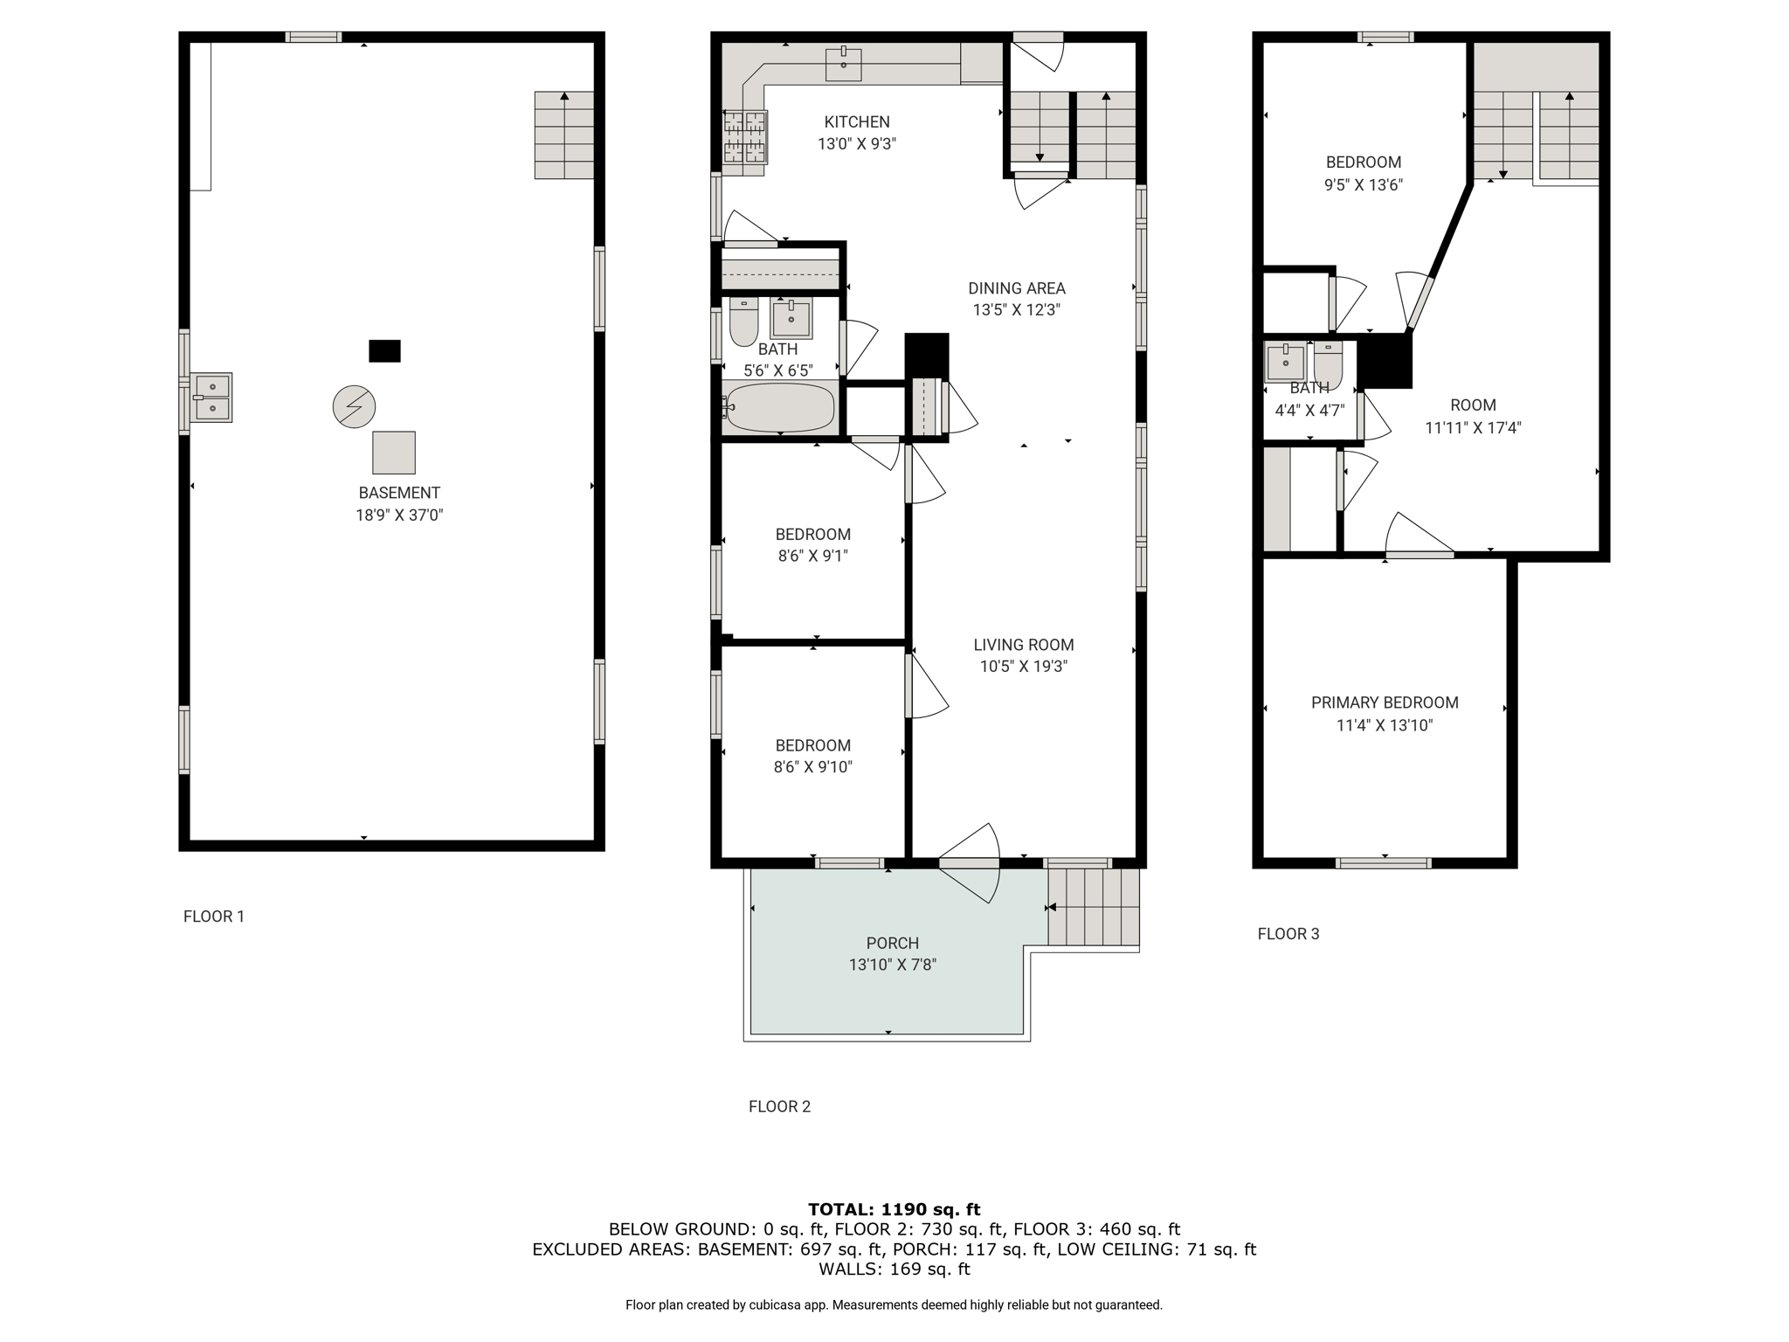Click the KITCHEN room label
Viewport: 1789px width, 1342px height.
point(857,122)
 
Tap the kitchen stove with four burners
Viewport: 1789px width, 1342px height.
point(745,136)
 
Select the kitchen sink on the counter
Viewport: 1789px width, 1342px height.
point(844,65)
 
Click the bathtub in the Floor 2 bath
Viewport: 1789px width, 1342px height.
point(780,407)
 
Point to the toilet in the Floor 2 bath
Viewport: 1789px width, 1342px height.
point(743,322)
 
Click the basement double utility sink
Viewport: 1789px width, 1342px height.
point(211,398)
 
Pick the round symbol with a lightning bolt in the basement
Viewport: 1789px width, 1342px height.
point(354,406)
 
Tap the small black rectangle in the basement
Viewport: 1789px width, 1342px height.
point(384,350)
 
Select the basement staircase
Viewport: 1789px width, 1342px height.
point(564,135)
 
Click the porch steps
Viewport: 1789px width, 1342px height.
point(1094,907)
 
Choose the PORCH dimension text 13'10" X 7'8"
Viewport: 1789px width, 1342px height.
point(893,965)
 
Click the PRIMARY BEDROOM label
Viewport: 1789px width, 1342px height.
point(1385,702)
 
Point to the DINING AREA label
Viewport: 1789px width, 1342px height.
point(1017,288)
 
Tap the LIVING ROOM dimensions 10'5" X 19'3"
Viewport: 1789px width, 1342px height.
point(1023,667)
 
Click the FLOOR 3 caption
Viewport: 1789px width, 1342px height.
point(1288,934)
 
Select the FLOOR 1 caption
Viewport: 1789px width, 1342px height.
point(214,917)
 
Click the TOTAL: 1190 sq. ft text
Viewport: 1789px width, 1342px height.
point(894,1209)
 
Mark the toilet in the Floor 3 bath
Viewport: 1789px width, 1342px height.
point(1328,365)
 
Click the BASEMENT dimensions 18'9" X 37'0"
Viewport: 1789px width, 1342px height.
point(399,515)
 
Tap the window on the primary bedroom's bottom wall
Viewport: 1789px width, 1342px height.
point(1384,863)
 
